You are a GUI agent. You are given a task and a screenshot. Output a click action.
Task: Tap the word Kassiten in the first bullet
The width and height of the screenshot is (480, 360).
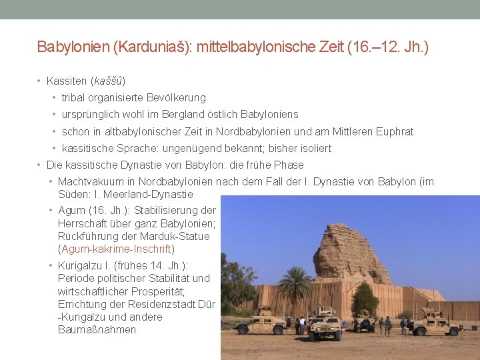pyautogui.click(x=67, y=81)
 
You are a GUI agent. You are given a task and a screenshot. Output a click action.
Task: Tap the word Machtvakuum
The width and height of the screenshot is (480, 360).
pyautogui.click(x=89, y=181)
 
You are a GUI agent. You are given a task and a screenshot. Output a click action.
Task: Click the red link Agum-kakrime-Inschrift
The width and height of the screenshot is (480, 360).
pyautogui.click(x=117, y=249)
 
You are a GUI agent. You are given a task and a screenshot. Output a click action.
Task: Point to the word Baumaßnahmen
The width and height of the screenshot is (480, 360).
pyautogui.click(x=97, y=329)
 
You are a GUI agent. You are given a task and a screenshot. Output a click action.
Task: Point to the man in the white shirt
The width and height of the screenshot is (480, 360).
pyautogui.click(x=301, y=325)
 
